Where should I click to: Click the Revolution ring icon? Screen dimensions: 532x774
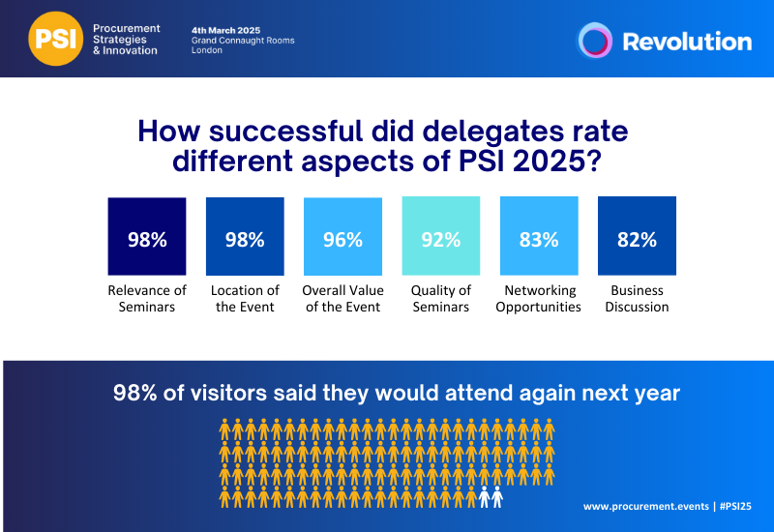pos(595,41)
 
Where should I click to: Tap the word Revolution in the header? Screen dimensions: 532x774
pos(686,42)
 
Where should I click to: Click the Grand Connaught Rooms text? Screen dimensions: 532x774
pos(243,41)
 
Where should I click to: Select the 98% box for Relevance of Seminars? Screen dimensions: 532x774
pos(147,237)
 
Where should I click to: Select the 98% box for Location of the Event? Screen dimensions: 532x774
pos(245,237)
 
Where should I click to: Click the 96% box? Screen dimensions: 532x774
pos(342,237)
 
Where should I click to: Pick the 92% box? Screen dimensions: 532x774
pos(441,237)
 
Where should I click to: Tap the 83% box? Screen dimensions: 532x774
pos(539,237)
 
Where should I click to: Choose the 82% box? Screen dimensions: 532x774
pos(637,237)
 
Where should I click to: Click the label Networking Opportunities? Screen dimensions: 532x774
pos(539,299)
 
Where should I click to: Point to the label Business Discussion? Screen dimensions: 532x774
pos(637,299)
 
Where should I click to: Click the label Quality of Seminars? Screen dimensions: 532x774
pos(441,299)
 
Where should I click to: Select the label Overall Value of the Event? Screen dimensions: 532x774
pos(342,299)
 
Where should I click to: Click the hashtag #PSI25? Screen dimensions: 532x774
pos(731,506)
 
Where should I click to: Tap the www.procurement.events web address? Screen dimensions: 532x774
pos(644,506)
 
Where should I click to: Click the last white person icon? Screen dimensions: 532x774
pos(497,497)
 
